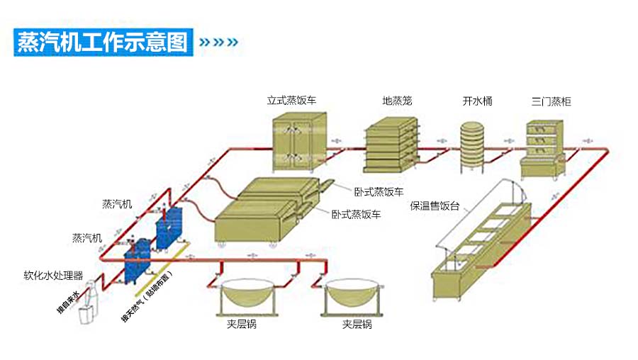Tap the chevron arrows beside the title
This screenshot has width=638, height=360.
pos(218,42)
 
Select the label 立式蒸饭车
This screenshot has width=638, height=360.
pos(291,101)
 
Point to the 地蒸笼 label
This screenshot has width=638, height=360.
pos(397,101)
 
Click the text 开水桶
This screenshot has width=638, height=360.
pos(477,101)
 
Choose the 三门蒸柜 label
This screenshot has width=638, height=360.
pos(551,101)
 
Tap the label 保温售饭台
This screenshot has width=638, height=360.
pos(435,206)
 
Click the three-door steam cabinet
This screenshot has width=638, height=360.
pos(547,148)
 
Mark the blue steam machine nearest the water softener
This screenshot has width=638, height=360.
pos(136,260)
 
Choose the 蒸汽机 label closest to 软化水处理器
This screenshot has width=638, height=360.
pos(86,238)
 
